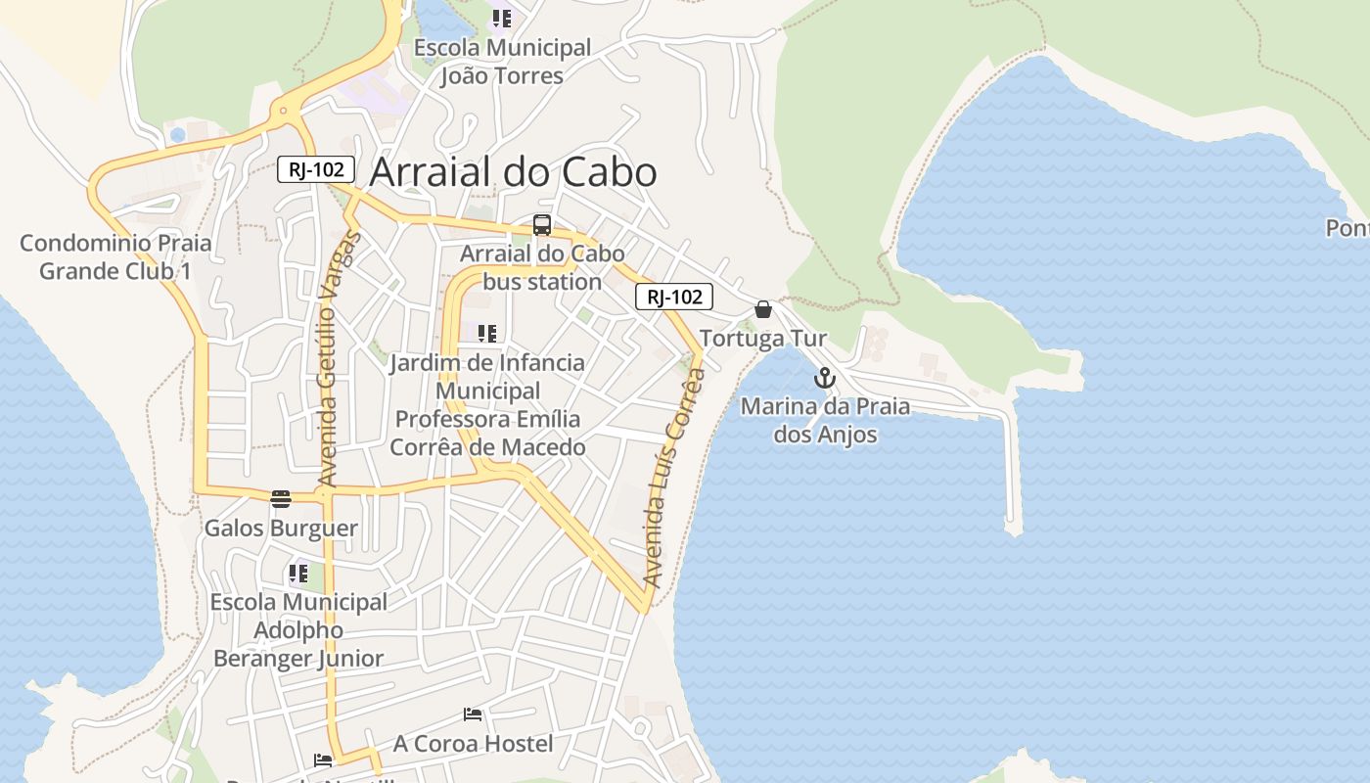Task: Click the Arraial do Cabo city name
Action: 513,172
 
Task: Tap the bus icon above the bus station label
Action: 542,225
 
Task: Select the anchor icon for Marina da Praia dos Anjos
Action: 825,378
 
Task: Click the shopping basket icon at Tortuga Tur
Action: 763,310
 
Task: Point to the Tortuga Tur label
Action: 763,339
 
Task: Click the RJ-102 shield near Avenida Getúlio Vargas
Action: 315,169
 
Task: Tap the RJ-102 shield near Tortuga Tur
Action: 673,297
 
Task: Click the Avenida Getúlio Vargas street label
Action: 340,358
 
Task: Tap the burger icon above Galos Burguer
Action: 281,499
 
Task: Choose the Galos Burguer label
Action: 281,529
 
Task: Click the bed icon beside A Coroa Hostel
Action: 473,714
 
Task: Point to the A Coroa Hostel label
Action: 473,744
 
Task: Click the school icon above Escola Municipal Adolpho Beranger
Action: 298,574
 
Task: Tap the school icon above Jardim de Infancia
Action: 487,334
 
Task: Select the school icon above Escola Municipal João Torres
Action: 502,18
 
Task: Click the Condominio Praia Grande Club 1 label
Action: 115,256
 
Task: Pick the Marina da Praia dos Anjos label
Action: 825,420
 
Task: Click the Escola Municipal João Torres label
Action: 502,62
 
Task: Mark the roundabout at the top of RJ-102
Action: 285,111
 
